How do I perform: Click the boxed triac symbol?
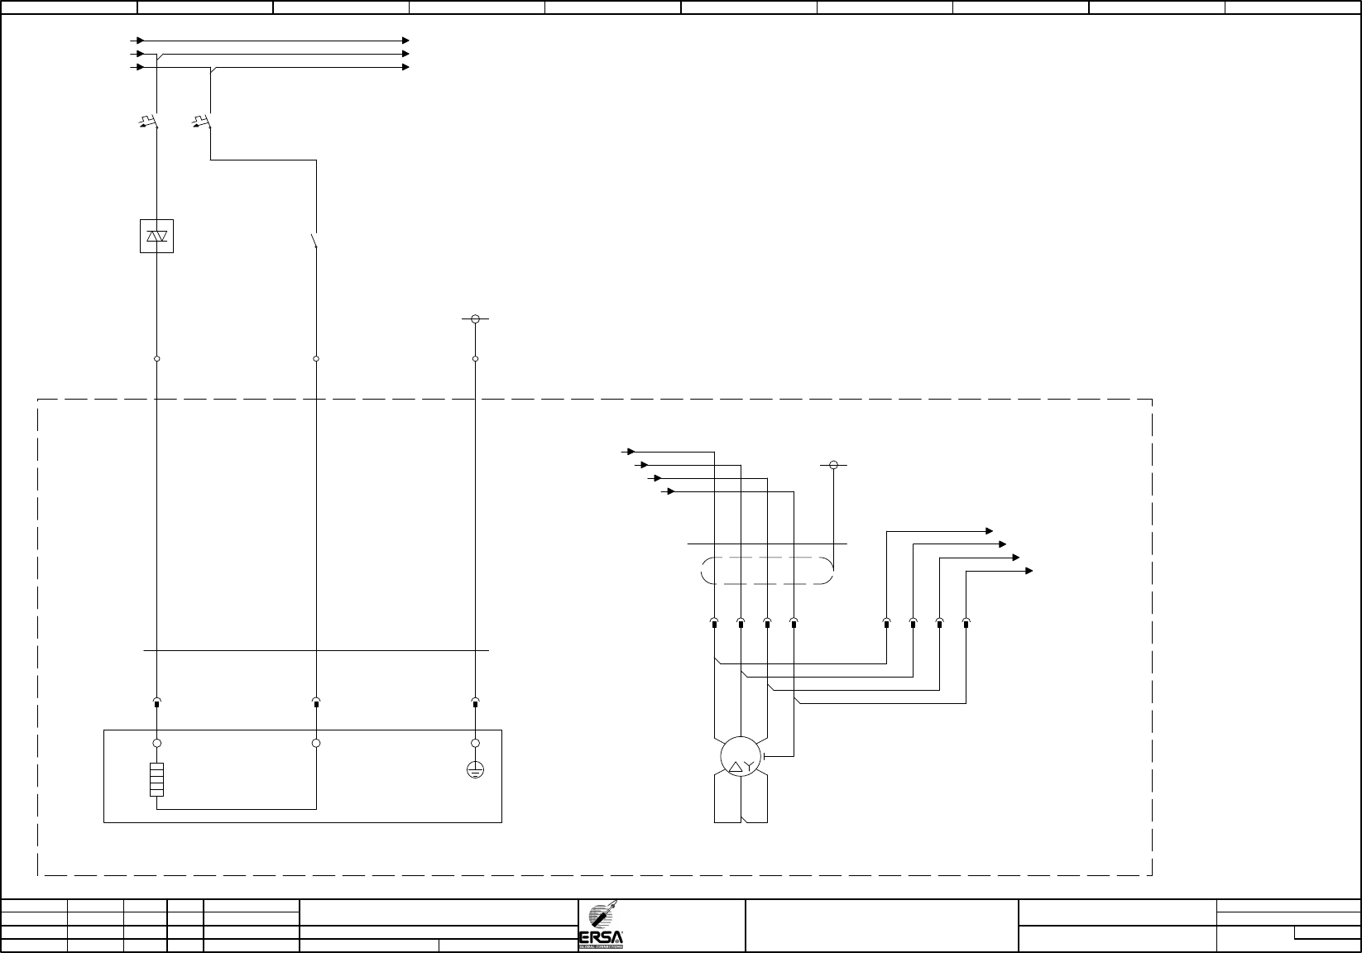(x=156, y=237)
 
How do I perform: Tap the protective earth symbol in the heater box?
(x=475, y=770)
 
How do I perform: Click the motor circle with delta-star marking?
(x=740, y=755)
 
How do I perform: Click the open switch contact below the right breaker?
(x=314, y=241)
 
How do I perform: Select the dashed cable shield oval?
(x=766, y=571)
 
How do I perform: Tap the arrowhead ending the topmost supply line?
(x=405, y=40)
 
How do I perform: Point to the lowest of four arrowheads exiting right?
(x=1029, y=571)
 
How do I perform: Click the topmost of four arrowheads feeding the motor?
(x=631, y=452)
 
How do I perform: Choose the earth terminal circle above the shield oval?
(x=833, y=465)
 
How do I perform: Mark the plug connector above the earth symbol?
(x=475, y=702)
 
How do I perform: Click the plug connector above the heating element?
(x=156, y=702)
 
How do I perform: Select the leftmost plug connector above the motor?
(x=713, y=622)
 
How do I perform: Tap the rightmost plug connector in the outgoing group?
(x=966, y=622)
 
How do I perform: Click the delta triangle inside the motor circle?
(x=733, y=767)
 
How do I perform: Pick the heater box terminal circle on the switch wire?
(x=316, y=744)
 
